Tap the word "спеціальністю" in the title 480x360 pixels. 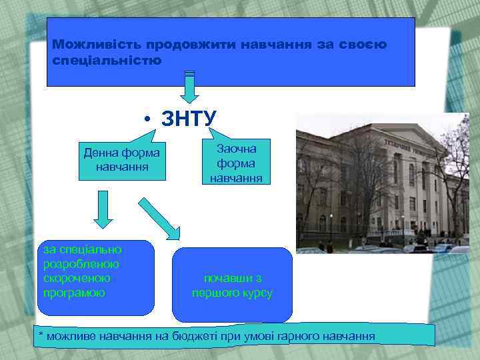point(107,60)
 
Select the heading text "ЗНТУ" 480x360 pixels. point(189,119)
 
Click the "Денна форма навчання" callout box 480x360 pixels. point(121,160)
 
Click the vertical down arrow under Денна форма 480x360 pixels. point(102,209)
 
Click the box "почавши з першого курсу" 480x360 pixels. point(232,285)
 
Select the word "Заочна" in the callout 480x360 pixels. point(236,149)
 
